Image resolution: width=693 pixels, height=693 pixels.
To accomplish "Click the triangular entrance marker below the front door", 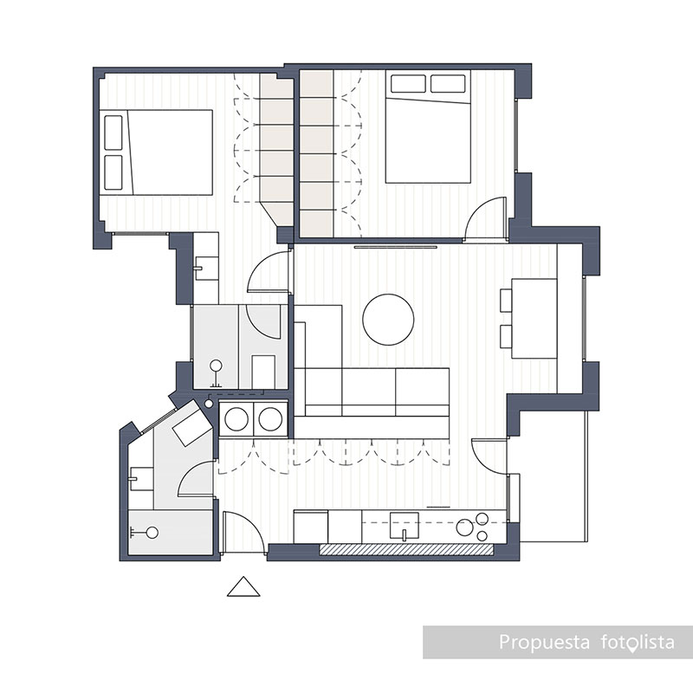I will tap(243, 588).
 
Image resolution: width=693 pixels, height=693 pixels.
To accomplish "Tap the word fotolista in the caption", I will tap(637, 643).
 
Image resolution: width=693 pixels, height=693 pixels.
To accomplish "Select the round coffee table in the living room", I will tap(388, 319).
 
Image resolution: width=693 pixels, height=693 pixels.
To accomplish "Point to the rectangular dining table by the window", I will tap(535, 318).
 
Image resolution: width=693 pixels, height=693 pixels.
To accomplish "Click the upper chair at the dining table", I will tap(508, 299).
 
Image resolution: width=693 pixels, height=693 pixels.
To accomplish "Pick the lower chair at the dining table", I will tap(508, 336).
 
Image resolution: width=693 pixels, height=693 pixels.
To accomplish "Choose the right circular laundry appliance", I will tap(271, 419).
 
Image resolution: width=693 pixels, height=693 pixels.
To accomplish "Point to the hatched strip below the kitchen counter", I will tap(406, 549).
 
